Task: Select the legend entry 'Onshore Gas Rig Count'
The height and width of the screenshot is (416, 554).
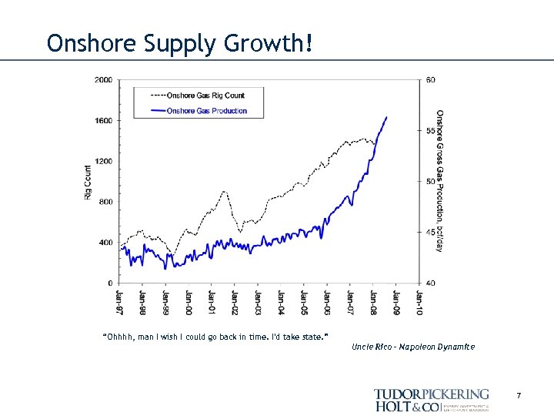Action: [205, 96]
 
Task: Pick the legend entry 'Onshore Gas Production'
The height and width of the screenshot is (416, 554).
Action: [206, 111]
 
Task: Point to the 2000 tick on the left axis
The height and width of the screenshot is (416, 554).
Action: [103, 80]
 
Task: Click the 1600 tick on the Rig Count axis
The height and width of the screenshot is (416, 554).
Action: [103, 121]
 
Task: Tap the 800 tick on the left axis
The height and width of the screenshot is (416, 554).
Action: [105, 202]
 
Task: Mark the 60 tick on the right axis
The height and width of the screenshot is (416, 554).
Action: [429, 80]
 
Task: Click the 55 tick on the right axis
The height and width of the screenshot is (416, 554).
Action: [429, 131]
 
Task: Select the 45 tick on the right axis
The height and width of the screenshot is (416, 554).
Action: [429, 233]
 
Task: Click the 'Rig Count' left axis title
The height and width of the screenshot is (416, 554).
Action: [88, 183]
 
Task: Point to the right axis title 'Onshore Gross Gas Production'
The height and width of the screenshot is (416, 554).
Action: [440, 180]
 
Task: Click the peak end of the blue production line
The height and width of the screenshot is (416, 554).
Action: [386, 117]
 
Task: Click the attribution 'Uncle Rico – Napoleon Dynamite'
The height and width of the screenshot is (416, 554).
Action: [413, 347]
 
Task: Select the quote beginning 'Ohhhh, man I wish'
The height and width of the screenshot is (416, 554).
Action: [215, 337]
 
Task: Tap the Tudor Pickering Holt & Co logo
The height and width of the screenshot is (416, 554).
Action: [432, 399]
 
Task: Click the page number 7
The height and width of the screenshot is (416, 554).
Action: [519, 396]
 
